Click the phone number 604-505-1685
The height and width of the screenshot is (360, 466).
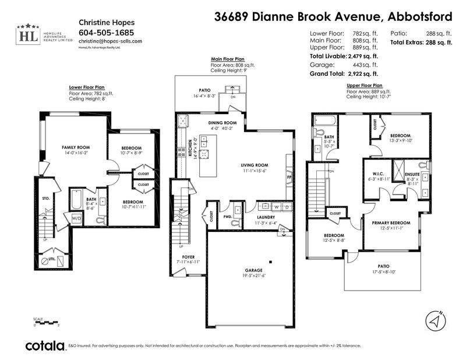(x=105, y=33)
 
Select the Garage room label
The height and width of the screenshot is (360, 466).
(x=253, y=271)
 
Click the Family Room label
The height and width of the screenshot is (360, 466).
(x=75, y=148)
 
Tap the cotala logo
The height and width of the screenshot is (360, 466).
(x=44, y=345)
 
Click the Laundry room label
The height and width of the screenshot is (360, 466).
(x=266, y=217)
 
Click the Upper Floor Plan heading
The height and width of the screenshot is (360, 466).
(x=365, y=85)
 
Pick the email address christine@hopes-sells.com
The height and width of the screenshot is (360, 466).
(x=110, y=42)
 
